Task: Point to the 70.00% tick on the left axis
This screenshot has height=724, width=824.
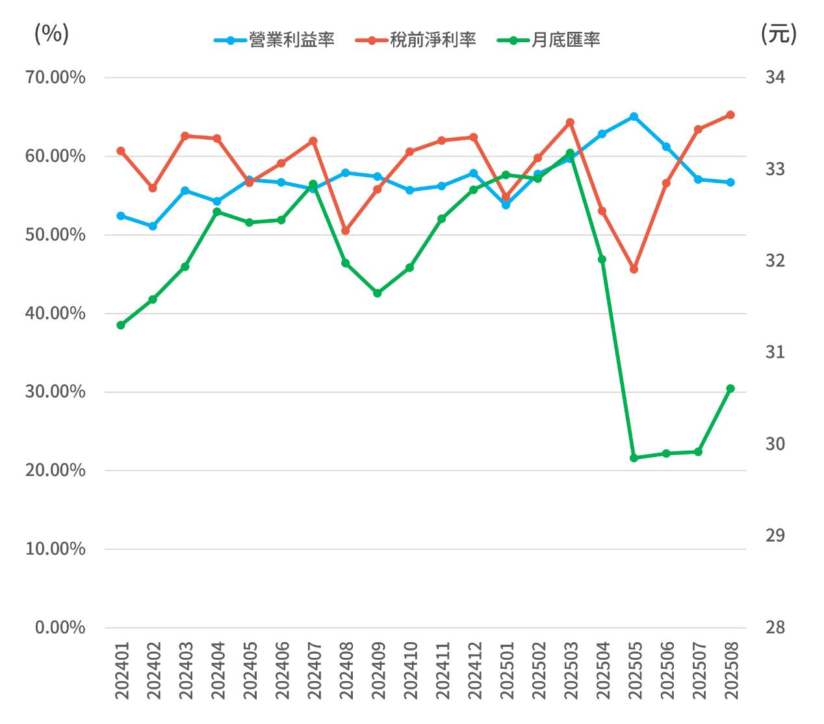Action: click(55, 77)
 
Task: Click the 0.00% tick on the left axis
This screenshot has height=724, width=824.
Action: click(60, 627)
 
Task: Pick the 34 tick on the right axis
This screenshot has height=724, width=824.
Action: click(775, 77)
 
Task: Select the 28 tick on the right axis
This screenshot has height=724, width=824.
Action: click(775, 627)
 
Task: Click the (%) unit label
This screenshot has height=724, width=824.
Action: click(51, 34)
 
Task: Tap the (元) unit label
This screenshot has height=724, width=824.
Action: click(778, 34)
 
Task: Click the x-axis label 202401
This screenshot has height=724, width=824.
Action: click(122, 671)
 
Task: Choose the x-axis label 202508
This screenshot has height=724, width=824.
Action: click(731, 671)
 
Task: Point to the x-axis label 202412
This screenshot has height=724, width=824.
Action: click(474, 671)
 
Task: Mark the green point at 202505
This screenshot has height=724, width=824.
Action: click(634, 458)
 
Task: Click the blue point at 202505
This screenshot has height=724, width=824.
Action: click(634, 117)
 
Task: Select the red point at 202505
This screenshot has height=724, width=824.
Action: click(634, 269)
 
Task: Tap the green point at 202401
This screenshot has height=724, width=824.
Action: click(121, 325)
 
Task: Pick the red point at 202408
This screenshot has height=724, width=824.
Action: click(345, 231)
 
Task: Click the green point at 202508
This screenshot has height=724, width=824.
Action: click(730, 388)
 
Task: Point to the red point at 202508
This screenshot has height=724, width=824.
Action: click(730, 115)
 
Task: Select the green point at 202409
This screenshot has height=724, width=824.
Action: click(378, 293)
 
